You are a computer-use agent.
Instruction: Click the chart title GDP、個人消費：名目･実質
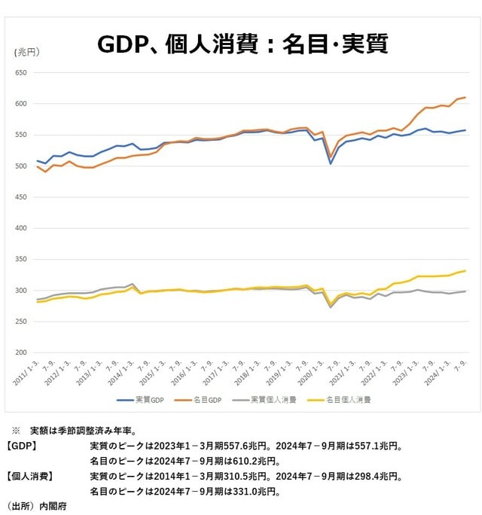242,44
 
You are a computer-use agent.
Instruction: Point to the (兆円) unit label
27,52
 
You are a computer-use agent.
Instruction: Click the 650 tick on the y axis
20,73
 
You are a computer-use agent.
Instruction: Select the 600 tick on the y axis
20,104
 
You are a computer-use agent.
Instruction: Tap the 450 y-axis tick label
20,197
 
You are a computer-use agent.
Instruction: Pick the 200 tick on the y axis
20,352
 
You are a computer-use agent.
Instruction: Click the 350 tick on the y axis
20,259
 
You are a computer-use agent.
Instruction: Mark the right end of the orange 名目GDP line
465,97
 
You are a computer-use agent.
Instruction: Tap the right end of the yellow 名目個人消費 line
465,270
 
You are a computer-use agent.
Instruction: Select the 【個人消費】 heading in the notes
31,476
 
